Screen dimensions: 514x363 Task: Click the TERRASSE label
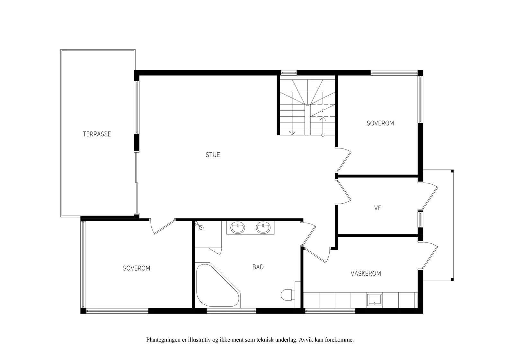pos(97,134)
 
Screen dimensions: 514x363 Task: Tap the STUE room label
pos(213,155)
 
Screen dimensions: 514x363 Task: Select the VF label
pos(377,208)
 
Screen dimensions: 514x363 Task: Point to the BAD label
pos(258,267)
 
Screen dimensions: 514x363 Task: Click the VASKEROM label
pos(366,274)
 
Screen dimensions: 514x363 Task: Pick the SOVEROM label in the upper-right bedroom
pos(380,123)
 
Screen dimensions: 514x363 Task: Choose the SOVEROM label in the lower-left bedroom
pos(137,268)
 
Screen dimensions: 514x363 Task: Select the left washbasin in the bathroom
pos(238,228)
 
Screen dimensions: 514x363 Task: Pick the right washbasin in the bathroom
pos(263,228)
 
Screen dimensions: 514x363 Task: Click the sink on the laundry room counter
pos(375,300)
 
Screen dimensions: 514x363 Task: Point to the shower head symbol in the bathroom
pos(199,225)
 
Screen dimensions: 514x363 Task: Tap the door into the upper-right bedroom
pos(343,160)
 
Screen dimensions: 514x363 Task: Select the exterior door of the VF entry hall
pos(428,196)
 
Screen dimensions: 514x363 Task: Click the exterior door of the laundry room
pos(428,255)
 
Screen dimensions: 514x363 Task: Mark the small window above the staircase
pos(289,73)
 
